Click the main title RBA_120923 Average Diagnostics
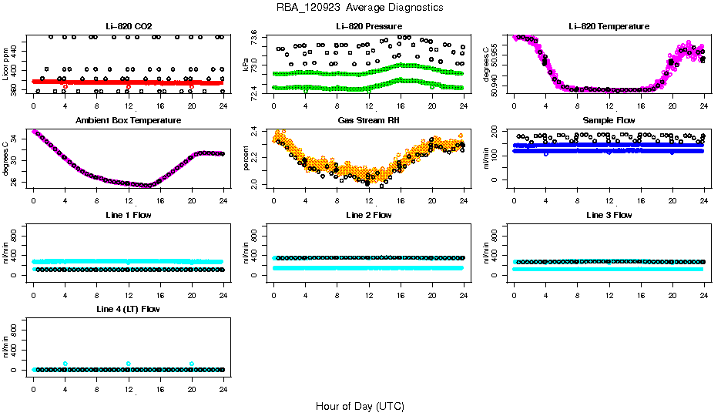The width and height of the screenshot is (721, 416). (360, 8)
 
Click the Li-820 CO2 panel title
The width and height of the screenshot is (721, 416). (128, 26)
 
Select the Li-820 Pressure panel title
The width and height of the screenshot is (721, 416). (368, 26)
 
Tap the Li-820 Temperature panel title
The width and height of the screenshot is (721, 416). (609, 26)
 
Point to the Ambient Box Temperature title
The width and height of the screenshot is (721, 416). (128, 121)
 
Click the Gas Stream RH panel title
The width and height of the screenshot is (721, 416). (368, 121)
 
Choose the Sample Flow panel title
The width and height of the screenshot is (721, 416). (609, 121)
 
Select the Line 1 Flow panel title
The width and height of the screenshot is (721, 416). (128, 215)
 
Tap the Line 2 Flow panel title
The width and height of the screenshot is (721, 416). (368, 215)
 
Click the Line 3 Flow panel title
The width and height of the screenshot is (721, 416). (609, 215)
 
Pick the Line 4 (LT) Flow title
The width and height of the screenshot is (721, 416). (128, 309)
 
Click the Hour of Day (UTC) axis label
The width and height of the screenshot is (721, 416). (360, 405)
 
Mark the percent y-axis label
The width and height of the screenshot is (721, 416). (246, 159)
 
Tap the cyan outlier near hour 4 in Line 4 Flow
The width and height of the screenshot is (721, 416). (65, 364)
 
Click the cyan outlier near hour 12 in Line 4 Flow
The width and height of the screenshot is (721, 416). (129, 364)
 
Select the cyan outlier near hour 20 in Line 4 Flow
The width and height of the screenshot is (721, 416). (192, 364)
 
